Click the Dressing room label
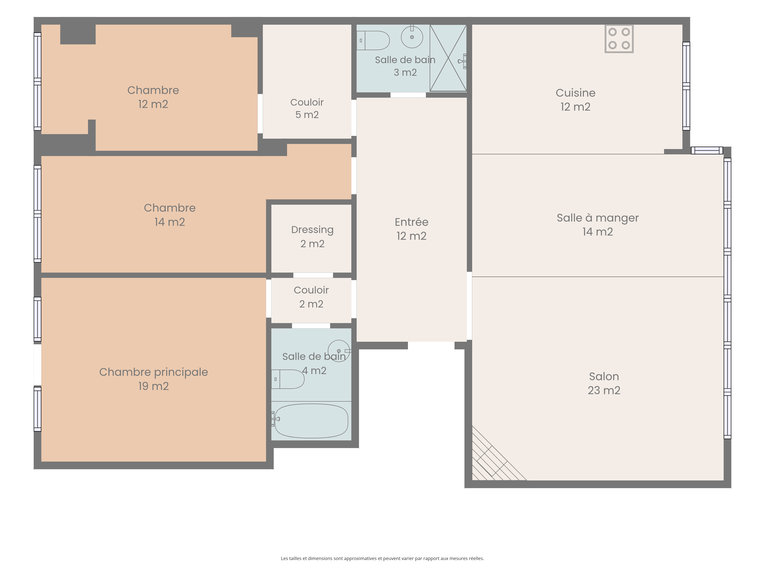[312, 230]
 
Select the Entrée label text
[412, 222]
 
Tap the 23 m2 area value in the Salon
[604, 390]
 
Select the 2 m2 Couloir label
[311, 297]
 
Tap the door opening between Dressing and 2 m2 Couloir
[313, 275]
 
